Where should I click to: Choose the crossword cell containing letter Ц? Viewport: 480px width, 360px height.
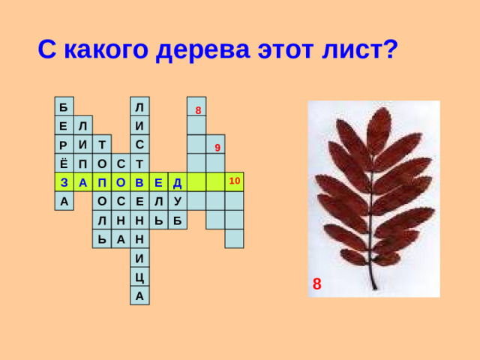[139, 277]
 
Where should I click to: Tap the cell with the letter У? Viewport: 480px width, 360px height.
[177, 201]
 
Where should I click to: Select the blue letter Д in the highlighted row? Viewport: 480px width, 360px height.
[177, 182]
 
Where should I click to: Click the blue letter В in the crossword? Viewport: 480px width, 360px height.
[139, 182]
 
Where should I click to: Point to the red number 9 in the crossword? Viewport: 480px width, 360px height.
[217, 147]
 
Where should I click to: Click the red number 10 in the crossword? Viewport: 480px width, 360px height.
[235, 181]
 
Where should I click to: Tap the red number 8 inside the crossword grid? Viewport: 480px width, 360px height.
[197, 111]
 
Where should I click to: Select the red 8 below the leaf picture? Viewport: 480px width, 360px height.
[317, 283]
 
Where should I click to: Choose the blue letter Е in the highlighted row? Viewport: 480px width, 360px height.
[158, 182]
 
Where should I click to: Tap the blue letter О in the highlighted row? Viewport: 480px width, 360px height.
[121, 182]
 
